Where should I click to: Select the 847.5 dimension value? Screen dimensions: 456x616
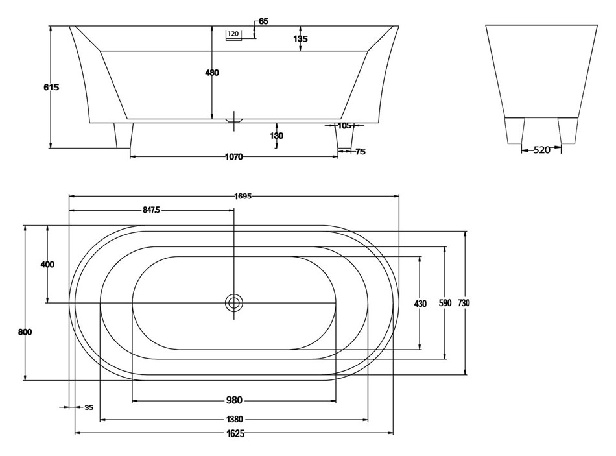(x=150, y=210)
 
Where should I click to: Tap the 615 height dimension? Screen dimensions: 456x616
(x=51, y=88)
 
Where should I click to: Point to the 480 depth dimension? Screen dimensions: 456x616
(x=212, y=73)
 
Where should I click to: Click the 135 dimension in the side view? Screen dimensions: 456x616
(x=300, y=39)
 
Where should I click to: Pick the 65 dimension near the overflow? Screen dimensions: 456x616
(x=263, y=21)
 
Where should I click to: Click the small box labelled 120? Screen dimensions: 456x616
(x=233, y=34)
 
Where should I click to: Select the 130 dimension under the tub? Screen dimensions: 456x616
(x=277, y=136)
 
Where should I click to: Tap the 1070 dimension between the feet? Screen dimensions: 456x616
(x=233, y=157)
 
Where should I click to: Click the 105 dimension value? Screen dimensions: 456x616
(x=344, y=126)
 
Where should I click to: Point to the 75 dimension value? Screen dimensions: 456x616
(x=361, y=152)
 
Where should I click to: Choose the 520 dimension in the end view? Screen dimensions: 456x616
(x=541, y=150)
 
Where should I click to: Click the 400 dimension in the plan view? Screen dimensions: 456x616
(x=47, y=265)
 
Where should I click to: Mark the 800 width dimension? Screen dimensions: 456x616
(x=25, y=332)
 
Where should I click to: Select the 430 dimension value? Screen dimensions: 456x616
(x=420, y=304)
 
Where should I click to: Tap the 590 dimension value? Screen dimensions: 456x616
(x=445, y=304)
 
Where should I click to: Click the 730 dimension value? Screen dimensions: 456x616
(x=464, y=304)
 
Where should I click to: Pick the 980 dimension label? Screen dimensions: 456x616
(x=235, y=400)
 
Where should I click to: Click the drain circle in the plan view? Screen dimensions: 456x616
(x=234, y=302)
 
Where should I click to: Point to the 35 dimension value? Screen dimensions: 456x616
(x=89, y=407)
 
